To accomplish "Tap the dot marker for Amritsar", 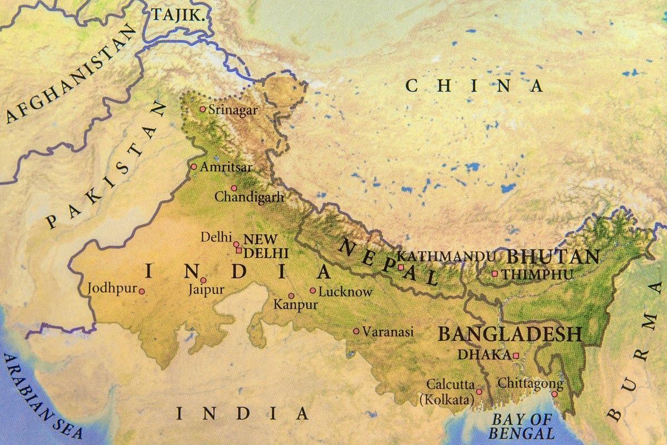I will coord(193,166).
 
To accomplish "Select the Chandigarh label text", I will coord(249,197).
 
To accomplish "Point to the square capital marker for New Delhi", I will coord(238,251).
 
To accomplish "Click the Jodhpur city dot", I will coord(142,291).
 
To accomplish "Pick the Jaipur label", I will coord(206,290).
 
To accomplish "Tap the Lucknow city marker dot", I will coord(313,290).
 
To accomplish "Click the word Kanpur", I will coord(295,305).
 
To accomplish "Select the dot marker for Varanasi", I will coord(356,331).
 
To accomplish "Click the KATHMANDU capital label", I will coord(447,256).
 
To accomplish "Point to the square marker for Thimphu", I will coord(494,274).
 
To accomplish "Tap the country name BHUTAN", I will coord(552,257).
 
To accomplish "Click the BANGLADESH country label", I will coord(510,334).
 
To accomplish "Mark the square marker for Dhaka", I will coord(516,355).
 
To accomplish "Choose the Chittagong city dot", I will coord(554,394).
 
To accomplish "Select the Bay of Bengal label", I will coord(522,426).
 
